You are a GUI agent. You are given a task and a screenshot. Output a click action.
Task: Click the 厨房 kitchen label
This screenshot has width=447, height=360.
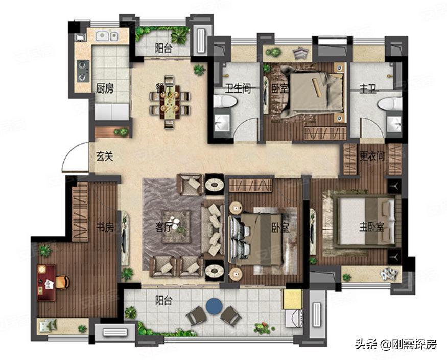(105, 88)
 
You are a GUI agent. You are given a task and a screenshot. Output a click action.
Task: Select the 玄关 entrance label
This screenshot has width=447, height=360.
(104, 156)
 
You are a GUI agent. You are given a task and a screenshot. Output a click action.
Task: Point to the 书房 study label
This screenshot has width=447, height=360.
(105, 228)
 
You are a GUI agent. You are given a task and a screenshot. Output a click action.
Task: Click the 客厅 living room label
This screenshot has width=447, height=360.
(164, 228)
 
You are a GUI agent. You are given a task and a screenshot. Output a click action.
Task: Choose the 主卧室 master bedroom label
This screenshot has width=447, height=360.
(371, 228)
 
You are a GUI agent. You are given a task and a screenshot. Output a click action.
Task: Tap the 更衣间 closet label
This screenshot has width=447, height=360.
(372, 156)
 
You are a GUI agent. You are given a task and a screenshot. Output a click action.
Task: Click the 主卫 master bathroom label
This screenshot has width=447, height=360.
(368, 89)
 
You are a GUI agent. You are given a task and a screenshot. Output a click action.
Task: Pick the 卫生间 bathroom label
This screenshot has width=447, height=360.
(238, 88)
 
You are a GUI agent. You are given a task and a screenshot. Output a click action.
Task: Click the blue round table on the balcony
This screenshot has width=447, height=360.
(214, 306)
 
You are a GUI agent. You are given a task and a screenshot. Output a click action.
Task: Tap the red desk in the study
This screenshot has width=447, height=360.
(46, 282)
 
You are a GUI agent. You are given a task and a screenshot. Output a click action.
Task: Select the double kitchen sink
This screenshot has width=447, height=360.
(107, 36)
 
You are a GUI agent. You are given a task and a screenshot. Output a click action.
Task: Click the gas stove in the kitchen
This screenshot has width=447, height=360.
(83, 71)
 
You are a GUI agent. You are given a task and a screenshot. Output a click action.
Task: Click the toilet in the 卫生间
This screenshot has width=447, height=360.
(225, 102)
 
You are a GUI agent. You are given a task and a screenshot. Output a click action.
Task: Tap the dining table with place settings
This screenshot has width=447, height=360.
(169, 102)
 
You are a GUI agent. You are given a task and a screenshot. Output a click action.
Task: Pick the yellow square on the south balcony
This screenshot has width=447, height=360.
(292, 299)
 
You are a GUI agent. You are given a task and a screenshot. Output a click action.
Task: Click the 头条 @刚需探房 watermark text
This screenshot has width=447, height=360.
(396, 344)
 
